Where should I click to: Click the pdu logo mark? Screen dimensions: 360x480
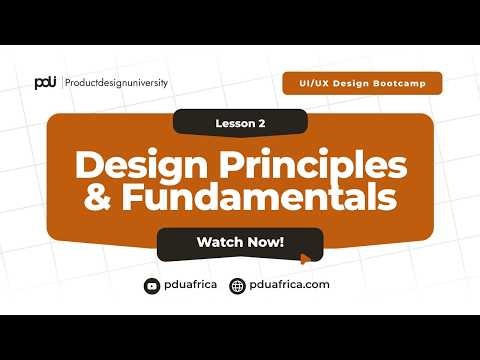coord(44,82)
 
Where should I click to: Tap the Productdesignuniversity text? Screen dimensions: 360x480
coord(117,82)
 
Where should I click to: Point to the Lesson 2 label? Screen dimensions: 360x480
coord(240,123)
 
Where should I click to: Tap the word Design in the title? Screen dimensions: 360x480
coord(130,164)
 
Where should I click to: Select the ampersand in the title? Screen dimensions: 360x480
coord(96,197)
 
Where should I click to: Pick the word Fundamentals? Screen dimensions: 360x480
coord(259,197)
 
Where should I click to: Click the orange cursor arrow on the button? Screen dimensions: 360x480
coord(305,258)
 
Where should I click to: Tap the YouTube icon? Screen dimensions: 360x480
coord(152,285)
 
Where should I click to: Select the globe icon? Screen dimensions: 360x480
coord(237,285)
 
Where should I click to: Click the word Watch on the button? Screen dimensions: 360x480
coord(218,242)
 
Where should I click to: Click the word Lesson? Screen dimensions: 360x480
coord(234,123)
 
